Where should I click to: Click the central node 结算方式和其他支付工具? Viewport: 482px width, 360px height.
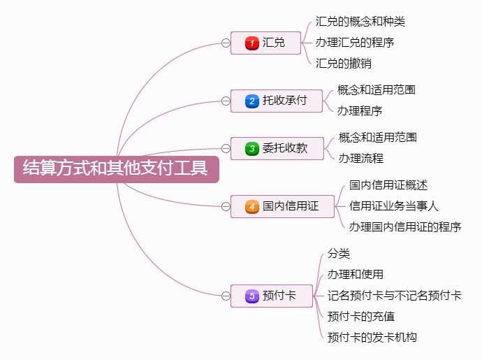[117, 169]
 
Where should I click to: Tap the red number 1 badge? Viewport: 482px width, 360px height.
[251, 43]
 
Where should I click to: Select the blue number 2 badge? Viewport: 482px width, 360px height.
[251, 101]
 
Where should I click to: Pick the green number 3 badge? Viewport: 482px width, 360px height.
[251, 149]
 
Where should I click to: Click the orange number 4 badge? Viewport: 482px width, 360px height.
[251, 206]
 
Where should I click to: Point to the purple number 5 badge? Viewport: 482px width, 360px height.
[251, 296]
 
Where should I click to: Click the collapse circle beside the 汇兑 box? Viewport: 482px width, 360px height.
[226, 43]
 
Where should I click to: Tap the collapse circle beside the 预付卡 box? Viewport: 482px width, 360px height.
[226, 296]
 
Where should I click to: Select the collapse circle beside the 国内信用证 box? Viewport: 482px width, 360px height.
[226, 206]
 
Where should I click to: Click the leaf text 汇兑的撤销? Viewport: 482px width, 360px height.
[344, 64]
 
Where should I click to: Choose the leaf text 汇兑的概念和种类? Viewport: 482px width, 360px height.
[360, 22]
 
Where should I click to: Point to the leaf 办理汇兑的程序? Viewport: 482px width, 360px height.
[355, 43]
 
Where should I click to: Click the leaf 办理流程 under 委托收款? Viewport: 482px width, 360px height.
[361, 159]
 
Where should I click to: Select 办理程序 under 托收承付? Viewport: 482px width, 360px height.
[360, 110]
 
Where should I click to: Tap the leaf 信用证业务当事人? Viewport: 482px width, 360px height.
[394, 206]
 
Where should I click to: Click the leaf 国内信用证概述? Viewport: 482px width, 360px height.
[388, 185]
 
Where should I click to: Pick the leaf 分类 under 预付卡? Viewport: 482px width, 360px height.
[338, 254]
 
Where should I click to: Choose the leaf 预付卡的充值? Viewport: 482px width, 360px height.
[361, 316]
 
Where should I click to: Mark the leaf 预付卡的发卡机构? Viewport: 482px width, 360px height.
[372, 337]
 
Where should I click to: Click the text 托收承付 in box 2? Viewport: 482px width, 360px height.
[284, 100]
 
